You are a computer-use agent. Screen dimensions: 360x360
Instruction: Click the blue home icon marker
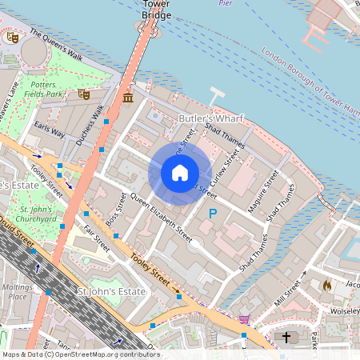click(180, 173)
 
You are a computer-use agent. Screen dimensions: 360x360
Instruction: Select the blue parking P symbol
click(212, 214)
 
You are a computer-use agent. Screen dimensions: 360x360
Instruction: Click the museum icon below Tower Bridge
click(128, 98)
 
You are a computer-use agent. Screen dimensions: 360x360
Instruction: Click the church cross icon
click(286, 337)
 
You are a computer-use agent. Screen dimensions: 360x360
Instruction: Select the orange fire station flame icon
click(326, 284)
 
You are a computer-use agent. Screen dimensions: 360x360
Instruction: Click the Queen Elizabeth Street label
click(161, 219)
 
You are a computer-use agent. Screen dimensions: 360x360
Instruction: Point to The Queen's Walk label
click(56, 45)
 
